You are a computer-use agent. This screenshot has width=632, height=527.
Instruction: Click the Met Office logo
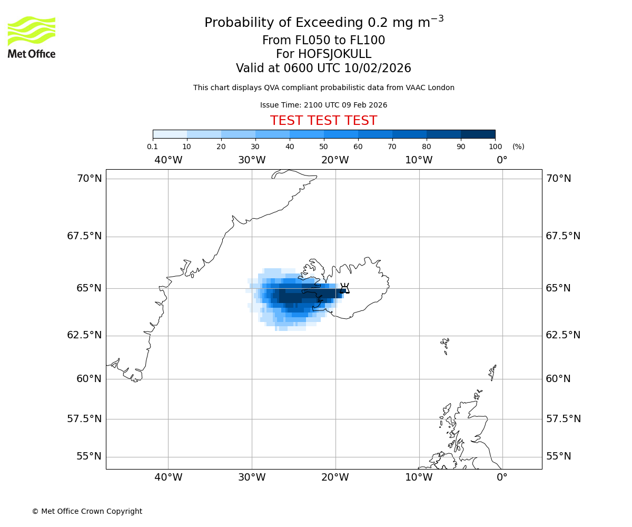[x=32, y=37]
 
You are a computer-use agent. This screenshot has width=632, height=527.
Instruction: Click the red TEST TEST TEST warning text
[x=323, y=121]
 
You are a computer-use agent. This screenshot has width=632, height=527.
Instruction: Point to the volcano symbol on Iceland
[x=344, y=288]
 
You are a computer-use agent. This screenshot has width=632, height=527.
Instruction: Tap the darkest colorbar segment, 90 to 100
[x=478, y=134]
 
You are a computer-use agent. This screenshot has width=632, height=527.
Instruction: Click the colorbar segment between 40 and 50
[x=307, y=134]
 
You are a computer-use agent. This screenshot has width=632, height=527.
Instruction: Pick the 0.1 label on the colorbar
[x=153, y=147]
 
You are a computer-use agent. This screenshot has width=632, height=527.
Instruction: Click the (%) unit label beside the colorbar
[x=518, y=147]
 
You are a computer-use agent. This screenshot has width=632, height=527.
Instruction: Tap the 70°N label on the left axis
[x=90, y=179]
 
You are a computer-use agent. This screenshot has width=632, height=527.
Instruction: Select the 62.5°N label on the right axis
[x=563, y=335]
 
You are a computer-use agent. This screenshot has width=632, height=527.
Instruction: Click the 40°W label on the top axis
[x=168, y=160]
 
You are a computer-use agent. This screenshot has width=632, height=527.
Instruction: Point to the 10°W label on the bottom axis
[x=419, y=477]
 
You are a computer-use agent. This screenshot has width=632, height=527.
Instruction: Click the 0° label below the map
[x=502, y=477]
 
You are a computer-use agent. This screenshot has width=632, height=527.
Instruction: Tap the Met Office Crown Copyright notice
[x=87, y=511]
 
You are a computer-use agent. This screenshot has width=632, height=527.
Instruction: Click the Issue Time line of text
[x=323, y=105]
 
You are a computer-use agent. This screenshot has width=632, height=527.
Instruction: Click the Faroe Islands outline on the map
[x=446, y=346]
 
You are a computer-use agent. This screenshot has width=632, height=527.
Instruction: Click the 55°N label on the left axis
[x=89, y=456]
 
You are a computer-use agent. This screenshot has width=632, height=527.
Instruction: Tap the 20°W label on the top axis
[x=335, y=160]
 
